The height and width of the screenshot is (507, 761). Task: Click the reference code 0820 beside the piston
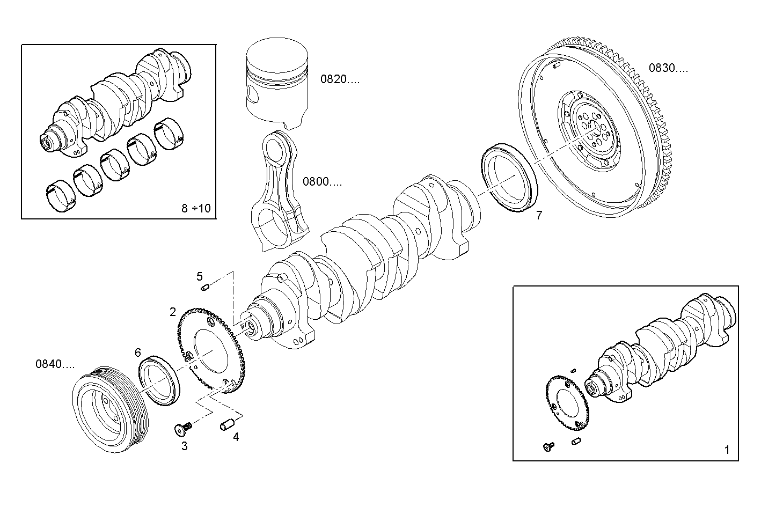click(340, 79)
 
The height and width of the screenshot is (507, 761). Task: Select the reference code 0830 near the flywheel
click(668, 68)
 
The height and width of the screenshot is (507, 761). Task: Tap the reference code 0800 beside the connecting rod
click(322, 181)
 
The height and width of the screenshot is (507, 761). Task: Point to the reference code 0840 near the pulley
click(55, 364)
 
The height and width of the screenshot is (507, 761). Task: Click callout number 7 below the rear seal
click(539, 216)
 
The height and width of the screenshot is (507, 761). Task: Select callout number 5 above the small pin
click(200, 276)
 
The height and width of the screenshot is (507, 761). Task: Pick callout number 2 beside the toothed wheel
click(173, 312)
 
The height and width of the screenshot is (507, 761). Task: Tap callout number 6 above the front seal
click(138, 352)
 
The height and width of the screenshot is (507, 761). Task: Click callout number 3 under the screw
click(184, 446)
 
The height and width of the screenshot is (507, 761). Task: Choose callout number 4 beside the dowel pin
click(236, 437)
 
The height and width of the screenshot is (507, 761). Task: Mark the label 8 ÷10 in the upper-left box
click(196, 208)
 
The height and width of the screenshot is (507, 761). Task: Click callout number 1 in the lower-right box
click(727, 450)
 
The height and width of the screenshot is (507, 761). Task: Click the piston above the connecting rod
click(278, 83)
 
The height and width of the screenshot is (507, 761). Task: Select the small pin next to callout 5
click(204, 289)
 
